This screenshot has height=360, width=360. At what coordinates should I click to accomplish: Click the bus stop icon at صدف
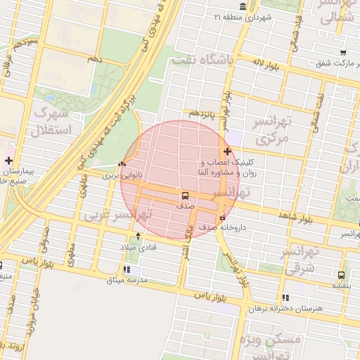[185, 196]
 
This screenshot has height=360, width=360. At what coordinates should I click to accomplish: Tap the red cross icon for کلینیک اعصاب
[227, 151]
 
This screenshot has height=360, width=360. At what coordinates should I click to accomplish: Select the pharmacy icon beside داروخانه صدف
[223, 217]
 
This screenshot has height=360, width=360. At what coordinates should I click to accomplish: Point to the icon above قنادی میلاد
[138, 236]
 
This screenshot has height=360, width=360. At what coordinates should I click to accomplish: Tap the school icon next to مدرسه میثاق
[127, 269]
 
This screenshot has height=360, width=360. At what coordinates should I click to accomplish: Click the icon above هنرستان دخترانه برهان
[285, 297]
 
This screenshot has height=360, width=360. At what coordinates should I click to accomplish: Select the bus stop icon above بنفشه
[341, 276]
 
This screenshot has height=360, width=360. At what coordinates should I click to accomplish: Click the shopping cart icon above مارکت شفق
[342, 53]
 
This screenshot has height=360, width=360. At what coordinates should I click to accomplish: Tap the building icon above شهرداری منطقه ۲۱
[243, 7]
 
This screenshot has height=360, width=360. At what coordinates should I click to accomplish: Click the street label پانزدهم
[201, 113]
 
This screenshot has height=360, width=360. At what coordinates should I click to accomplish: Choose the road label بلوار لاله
[267, 63]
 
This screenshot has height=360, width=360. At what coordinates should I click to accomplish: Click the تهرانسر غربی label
[118, 214]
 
